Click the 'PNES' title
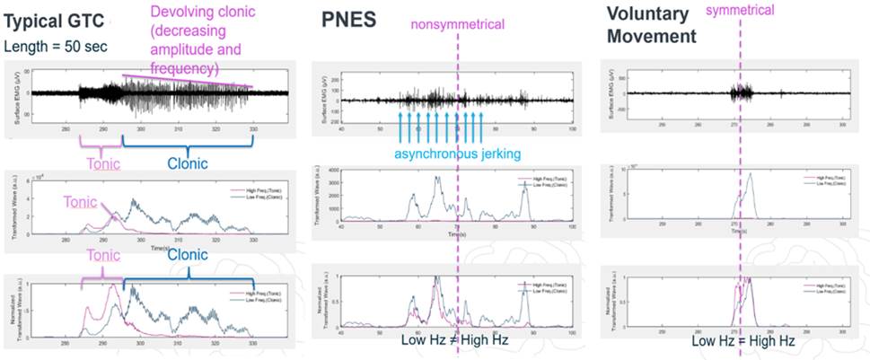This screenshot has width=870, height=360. coord(347,21)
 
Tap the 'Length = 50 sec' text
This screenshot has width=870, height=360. coord(55,45)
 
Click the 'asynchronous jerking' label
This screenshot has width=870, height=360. coord(455,154)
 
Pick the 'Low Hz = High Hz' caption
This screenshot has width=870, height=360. coord(742,342)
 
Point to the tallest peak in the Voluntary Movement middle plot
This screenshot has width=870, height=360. coord(750,174)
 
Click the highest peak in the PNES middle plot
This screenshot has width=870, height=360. coord(437,178)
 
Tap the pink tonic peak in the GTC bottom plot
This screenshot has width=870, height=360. coord(114,286)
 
